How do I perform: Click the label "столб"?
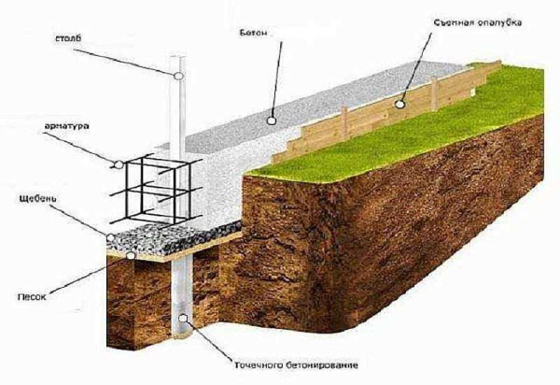pyautogui.click(x=68, y=38)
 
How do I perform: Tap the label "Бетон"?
pyautogui.click(x=253, y=33)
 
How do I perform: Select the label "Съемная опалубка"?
pyautogui.click(x=478, y=22)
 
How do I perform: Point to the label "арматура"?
pyautogui.click(x=67, y=126)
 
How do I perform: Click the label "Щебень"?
pyautogui.click(x=37, y=198)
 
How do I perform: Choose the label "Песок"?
pyautogui.click(x=32, y=297)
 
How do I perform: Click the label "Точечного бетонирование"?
pyautogui.click(x=296, y=365)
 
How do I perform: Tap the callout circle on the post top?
pyautogui.click(x=178, y=76)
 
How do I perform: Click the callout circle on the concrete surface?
pyautogui.click(x=272, y=121)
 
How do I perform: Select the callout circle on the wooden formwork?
pyautogui.click(x=400, y=104)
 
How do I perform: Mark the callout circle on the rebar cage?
pyautogui.click(x=119, y=164)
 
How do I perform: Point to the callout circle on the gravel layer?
pyautogui.click(x=111, y=237)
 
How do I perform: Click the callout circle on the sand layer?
pyautogui.click(x=131, y=255)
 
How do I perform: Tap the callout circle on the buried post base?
pyautogui.click(x=183, y=318)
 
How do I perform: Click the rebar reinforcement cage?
pyautogui.click(x=156, y=191)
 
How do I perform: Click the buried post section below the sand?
pyautogui.click(x=182, y=296)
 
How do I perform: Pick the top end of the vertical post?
pyautogui.click(x=178, y=56)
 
